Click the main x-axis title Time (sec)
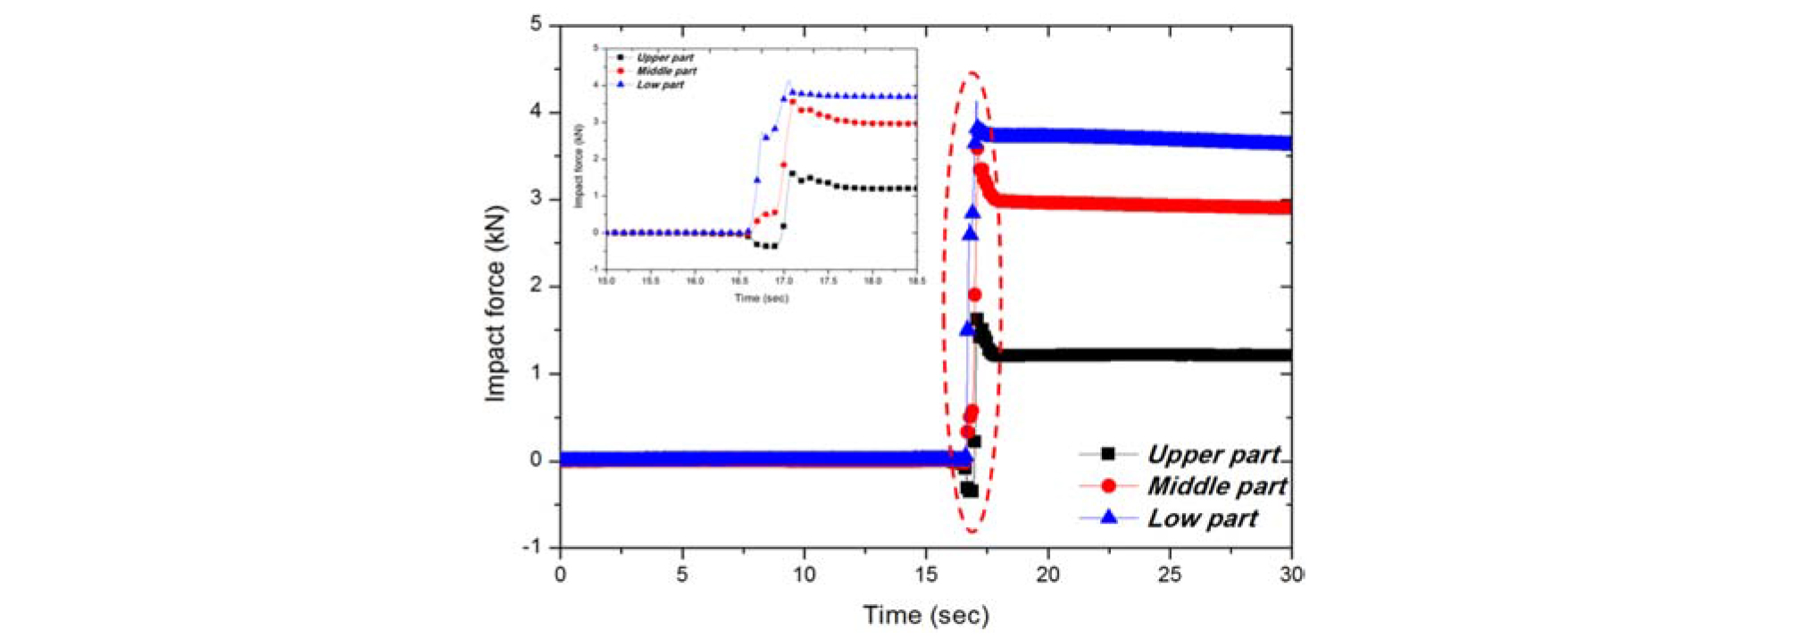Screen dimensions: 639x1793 tap(926, 615)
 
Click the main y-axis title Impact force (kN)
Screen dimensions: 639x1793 tap(496, 305)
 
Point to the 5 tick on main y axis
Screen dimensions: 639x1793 tap(536, 24)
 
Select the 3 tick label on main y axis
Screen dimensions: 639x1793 tap(536, 198)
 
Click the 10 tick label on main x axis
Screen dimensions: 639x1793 tap(804, 575)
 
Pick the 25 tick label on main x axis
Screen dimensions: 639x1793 tap(1170, 575)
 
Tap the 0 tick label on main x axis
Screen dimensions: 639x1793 tap(560, 575)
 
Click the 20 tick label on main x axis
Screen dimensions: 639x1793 tap(1047, 575)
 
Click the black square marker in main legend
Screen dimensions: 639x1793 tap(1108, 454)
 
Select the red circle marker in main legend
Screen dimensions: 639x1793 tap(1108, 485)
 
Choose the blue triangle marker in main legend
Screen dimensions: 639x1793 tap(1108, 517)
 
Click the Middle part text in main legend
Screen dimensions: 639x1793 tap(1216, 486)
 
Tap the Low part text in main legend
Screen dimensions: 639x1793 tap(1202, 518)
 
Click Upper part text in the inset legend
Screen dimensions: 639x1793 tap(664, 57)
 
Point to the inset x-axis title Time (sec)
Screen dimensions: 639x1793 tap(761, 298)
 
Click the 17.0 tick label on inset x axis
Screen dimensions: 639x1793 tap(783, 281)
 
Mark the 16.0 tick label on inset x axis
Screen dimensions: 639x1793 tap(695, 281)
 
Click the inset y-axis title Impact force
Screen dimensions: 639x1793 tap(579, 166)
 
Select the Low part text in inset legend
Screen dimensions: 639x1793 tap(660, 85)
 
